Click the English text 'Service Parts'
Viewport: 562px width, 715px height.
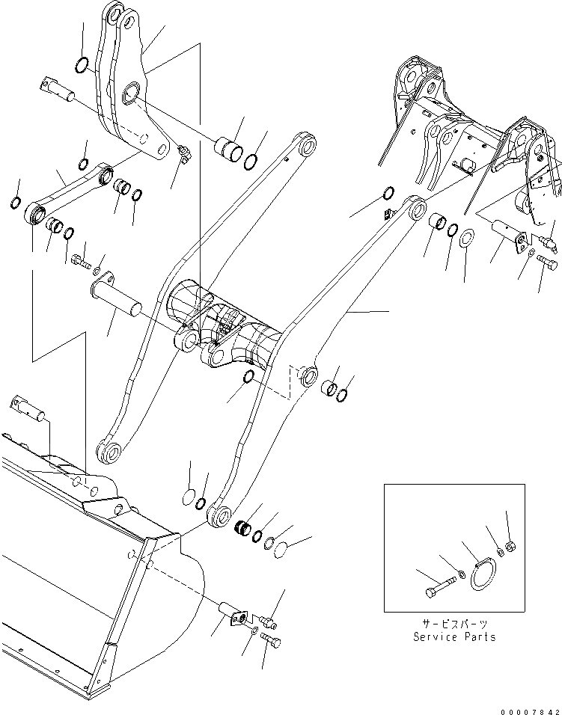point(455,636)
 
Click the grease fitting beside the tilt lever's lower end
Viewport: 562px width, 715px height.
point(184,154)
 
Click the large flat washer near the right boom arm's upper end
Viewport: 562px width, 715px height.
point(464,242)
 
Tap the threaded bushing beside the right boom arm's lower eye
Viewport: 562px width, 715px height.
point(243,527)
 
